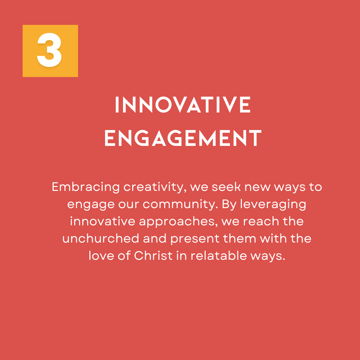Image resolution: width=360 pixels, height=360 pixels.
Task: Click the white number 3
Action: [x=49, y=50]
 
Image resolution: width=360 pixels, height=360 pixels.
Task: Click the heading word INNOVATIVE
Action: [x=183, y=105]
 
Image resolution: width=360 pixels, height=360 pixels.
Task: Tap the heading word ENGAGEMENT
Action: [x=183, y=138]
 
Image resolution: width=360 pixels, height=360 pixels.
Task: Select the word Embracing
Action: [x=86, y=187]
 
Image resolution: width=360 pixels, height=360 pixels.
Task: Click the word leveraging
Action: [x=273, y=205]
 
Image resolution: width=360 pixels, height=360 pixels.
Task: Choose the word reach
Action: [x=261, y=221]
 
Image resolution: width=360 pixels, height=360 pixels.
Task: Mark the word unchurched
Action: [x=101, y=238]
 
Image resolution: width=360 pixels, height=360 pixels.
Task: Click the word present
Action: [x=195, y=239]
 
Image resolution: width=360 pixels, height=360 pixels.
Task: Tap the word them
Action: [x=239, y=238]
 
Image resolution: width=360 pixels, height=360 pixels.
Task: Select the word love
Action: [x=101, y=256]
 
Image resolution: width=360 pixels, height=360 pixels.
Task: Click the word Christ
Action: [x=153, y=256]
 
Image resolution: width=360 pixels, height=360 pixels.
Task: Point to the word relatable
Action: [x=219, y=256]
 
